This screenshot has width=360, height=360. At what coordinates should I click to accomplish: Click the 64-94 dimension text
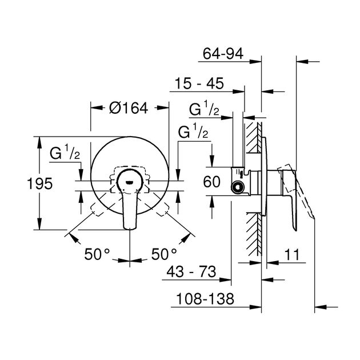223,54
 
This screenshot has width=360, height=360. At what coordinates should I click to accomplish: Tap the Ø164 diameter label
128,107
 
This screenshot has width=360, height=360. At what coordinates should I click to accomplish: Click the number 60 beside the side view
211,182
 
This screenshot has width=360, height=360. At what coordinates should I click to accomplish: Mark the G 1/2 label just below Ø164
191,133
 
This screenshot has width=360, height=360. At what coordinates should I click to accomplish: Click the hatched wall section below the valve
254,234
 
